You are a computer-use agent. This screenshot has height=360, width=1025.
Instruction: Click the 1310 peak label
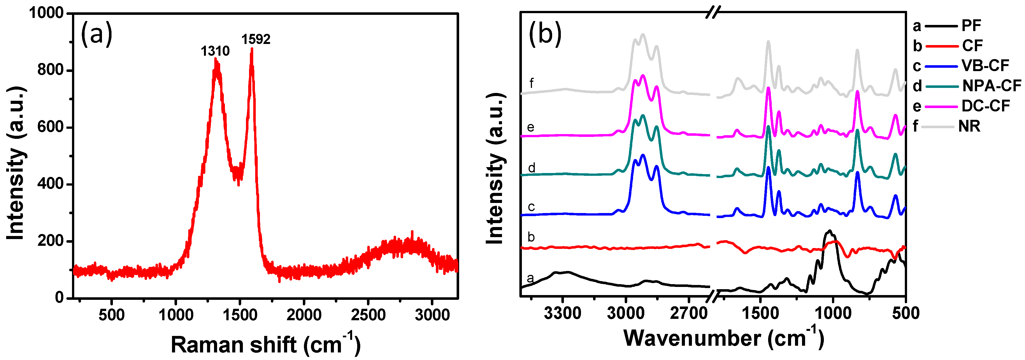click(215, 51)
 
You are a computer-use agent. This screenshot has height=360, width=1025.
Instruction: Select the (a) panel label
click(96, 34)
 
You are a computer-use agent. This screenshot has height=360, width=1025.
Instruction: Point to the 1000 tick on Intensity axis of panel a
click(46, 13)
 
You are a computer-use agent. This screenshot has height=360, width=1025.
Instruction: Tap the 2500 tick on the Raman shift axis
click(368, 315)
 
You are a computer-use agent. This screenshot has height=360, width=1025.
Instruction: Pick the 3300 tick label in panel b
click(562, 314)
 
